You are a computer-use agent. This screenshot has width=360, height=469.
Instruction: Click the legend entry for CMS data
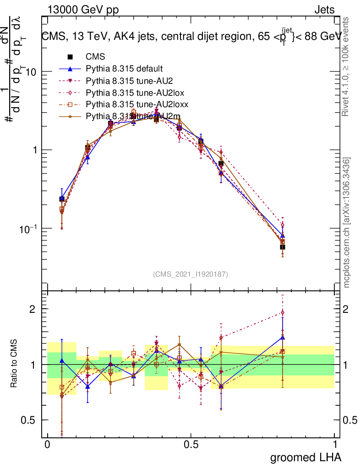coord(95,57)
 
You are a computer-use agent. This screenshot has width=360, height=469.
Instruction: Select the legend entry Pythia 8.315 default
coord(124,69)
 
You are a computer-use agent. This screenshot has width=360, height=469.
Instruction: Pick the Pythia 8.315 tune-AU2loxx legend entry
coord(137,104)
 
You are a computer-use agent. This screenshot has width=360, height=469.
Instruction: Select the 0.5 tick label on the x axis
coord(191,445)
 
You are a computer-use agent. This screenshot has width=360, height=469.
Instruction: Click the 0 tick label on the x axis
coord(47,445)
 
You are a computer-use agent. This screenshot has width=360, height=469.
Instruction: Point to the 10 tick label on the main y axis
coord(32,72)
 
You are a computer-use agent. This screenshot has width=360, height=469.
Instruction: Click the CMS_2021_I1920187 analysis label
coord(191,274)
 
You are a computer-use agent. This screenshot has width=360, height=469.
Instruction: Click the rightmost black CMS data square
coord(283,247)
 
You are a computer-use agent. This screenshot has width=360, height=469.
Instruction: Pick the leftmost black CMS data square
coord(62,199)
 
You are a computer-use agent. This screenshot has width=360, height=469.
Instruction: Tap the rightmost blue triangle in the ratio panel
coord(283,338)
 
